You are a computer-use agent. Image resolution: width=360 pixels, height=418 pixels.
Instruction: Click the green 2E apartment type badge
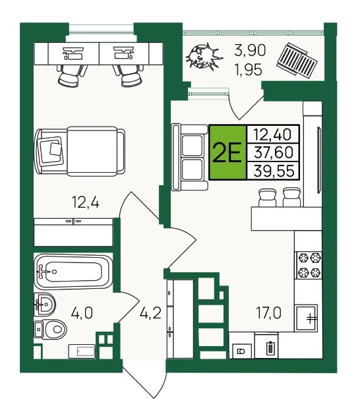(227, 152)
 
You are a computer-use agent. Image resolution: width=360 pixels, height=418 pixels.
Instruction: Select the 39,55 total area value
(274, 171)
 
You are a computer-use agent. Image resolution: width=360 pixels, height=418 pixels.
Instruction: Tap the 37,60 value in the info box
(274, 152)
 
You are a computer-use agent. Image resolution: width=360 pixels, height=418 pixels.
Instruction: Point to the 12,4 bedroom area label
(85, 202)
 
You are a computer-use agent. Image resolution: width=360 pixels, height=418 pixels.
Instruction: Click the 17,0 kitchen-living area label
(268, 313)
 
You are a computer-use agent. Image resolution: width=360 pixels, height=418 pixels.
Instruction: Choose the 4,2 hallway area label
(151, 313)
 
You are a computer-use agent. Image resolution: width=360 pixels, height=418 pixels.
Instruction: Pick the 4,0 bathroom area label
(82, 313)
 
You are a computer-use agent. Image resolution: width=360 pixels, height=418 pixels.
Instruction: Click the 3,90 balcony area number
(250, 50)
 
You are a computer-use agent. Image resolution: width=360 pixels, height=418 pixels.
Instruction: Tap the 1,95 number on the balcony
(248, 70)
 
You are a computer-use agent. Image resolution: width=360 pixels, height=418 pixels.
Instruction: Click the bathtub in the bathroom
(73, 272)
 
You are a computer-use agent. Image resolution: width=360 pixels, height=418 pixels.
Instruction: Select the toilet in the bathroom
(50, 330)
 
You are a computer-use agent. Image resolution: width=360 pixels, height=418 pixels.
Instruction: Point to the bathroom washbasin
(45, 304)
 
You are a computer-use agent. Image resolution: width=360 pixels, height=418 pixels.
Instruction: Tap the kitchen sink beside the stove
(306, 318)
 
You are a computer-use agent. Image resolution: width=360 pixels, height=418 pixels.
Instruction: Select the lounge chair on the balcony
(297, 61)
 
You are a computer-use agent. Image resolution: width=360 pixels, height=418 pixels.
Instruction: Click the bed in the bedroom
(80, 151)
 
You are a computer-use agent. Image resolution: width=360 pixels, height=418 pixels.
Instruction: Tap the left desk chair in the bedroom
(72, 76)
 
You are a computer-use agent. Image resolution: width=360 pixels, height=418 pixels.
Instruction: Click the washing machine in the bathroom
(82, 351)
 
